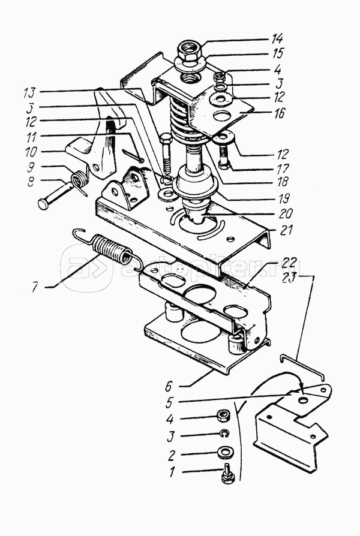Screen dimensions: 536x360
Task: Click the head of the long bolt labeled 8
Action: point(42,204)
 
